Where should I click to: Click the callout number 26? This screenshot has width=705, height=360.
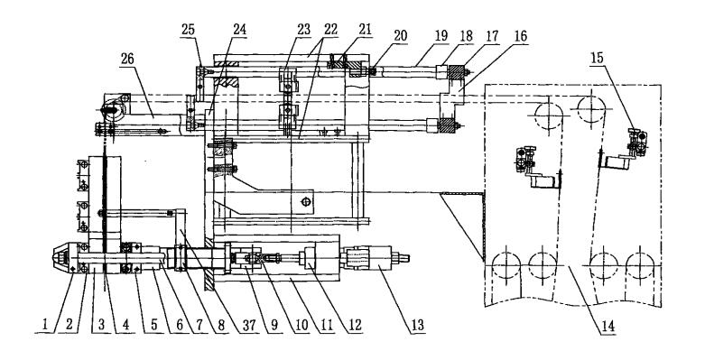128,59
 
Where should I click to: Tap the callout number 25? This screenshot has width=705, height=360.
190,30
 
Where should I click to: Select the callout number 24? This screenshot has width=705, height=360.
239,30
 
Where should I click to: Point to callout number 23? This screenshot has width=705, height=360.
303,30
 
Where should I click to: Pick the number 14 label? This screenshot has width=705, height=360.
608,327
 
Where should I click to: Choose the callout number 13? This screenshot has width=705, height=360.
418,326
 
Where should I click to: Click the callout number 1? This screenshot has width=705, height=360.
45,326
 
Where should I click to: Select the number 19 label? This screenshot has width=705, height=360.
441,35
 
